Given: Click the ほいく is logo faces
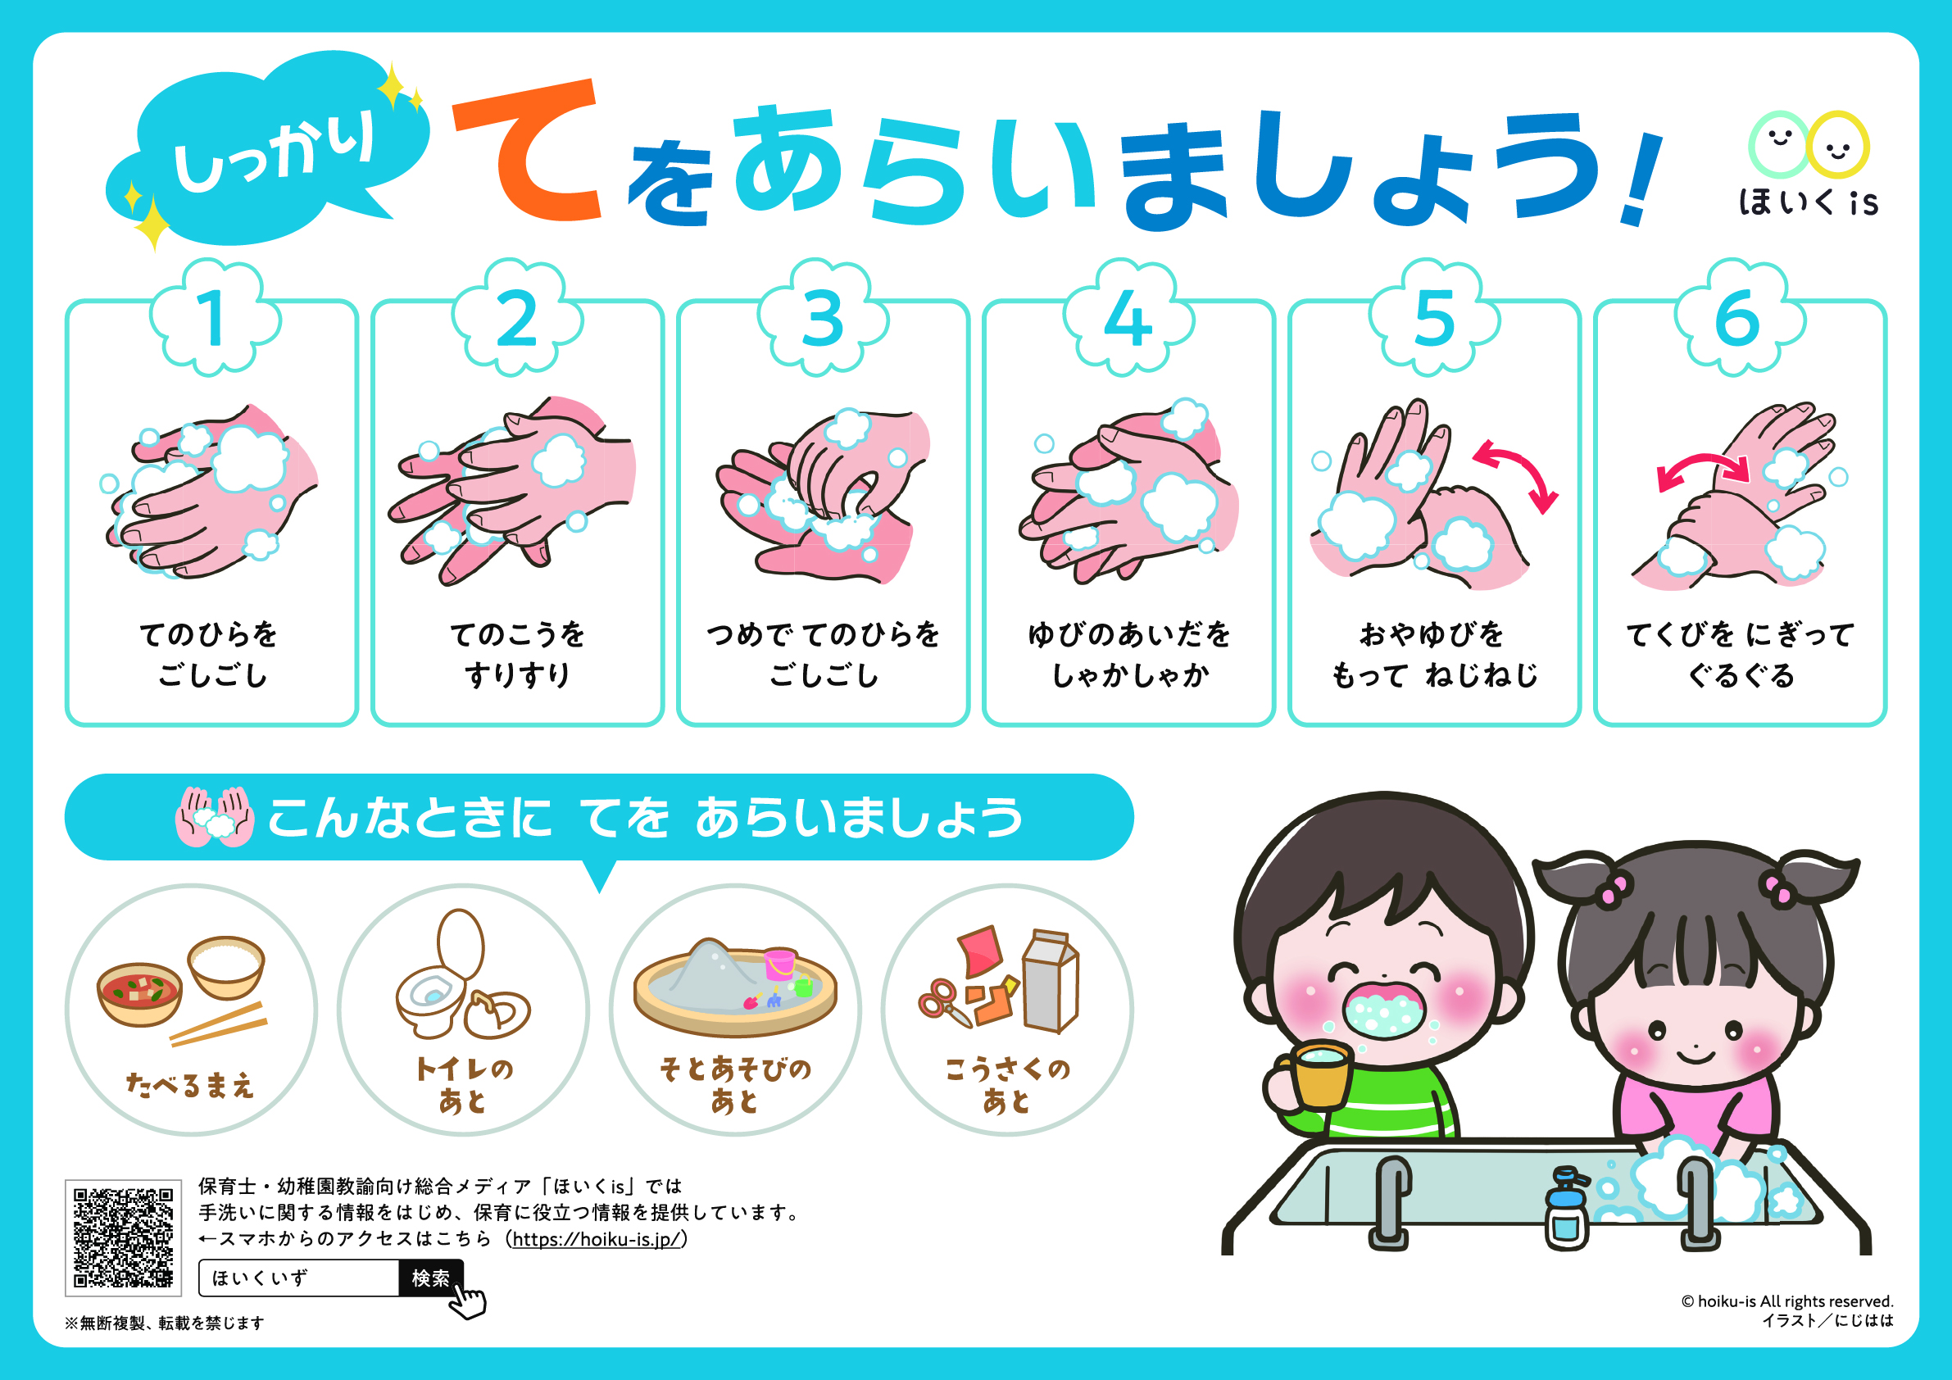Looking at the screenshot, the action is (1809, 144).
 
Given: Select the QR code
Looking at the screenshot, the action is (123, 1237).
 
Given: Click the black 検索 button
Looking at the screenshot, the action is (430, 1277).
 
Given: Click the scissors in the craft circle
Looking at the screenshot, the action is (945, 1002).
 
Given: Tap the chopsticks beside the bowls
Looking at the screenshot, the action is (219, 1024).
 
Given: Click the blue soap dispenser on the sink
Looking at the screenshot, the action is (1566, 1207).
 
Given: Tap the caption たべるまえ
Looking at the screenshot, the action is (189, 1085).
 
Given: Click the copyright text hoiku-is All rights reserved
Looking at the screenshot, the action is (1787, 1301).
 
